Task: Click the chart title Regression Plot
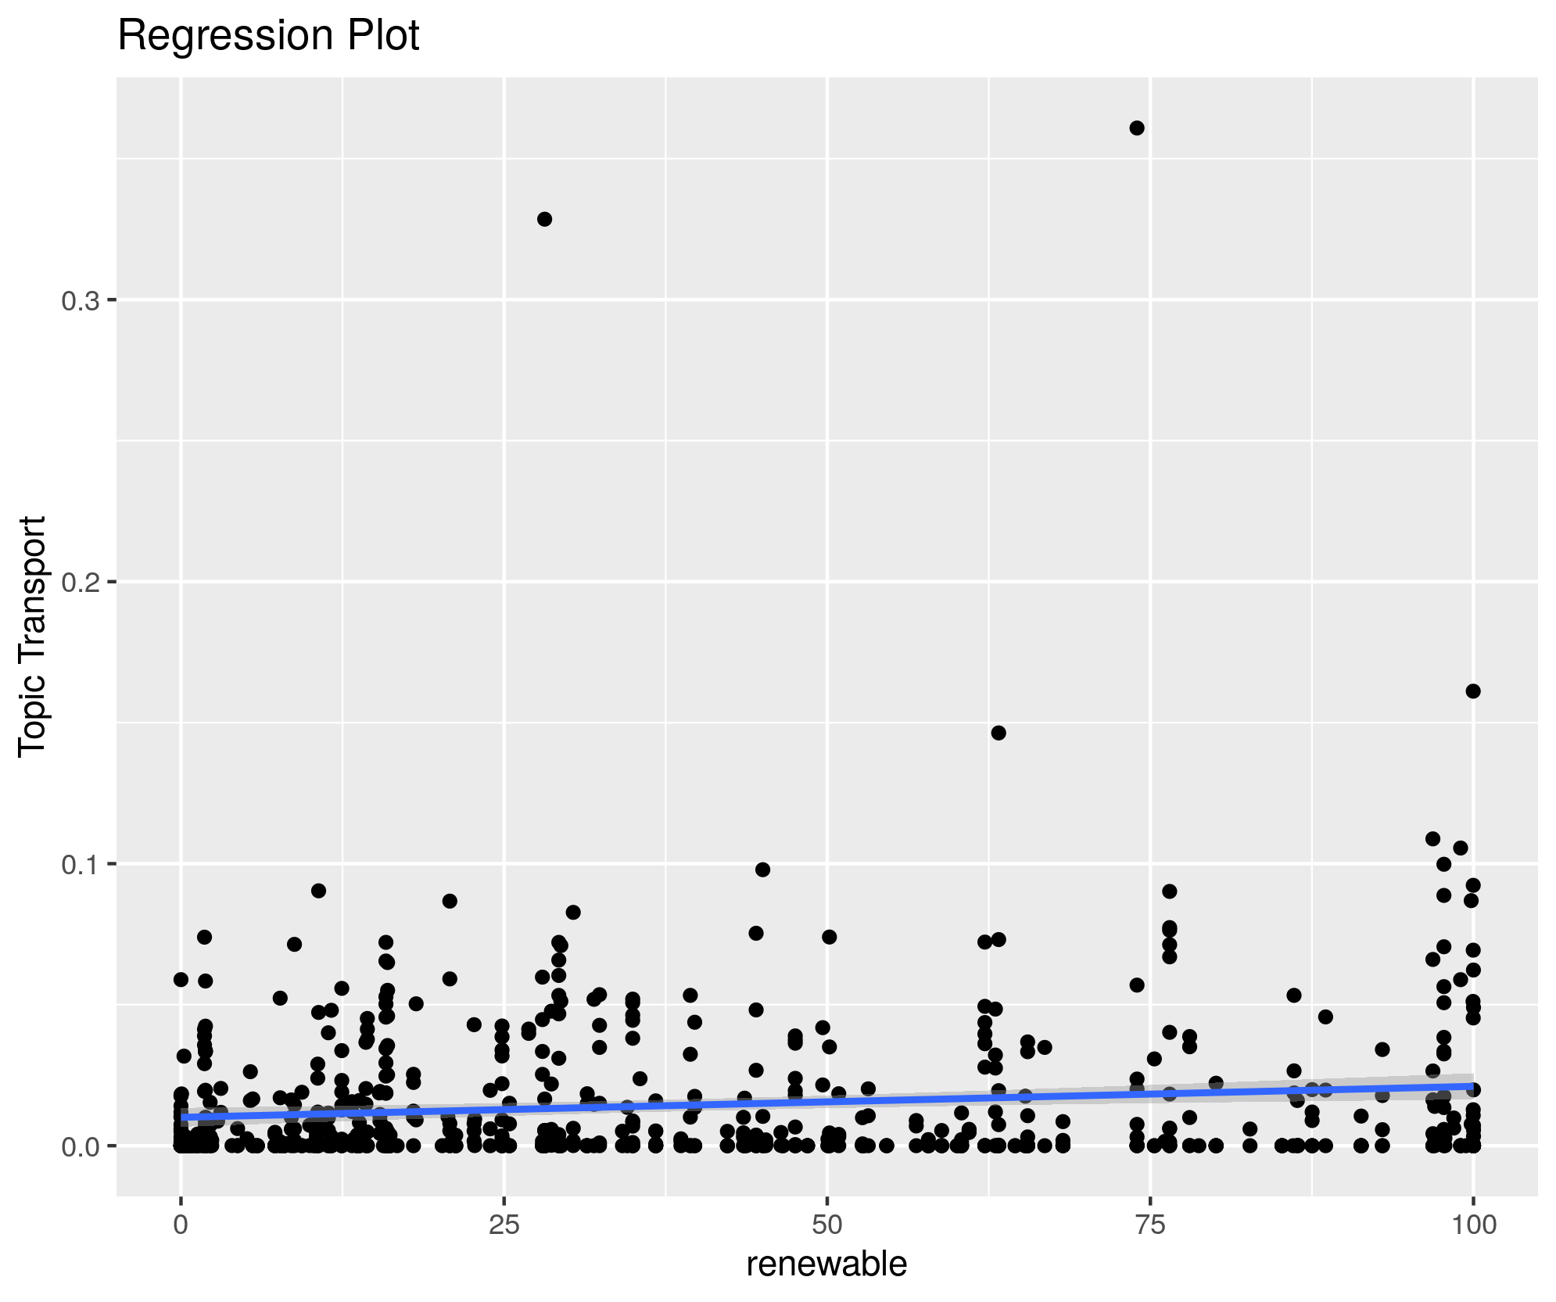tap(268, 36)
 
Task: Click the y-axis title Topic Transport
tap(33, 635)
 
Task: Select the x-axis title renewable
tap(826, 1264)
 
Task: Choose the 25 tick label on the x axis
tap(504, 1225)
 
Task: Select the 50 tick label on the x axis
tap(827, 1225)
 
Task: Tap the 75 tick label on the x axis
tap(1150, 1225)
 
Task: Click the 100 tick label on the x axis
tap(1473, 1225)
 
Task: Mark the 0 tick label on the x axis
tap(181, 1225)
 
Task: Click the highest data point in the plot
tap(1137, 128)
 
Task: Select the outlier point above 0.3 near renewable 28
tap(544, 219)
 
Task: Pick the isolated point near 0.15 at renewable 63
tap(998, 733)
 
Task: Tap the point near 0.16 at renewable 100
tap(1473, 690)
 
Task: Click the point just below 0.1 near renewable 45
tap(762, 870)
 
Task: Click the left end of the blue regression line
tap(182, 1117)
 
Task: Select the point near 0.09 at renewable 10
tap(318, 891)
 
